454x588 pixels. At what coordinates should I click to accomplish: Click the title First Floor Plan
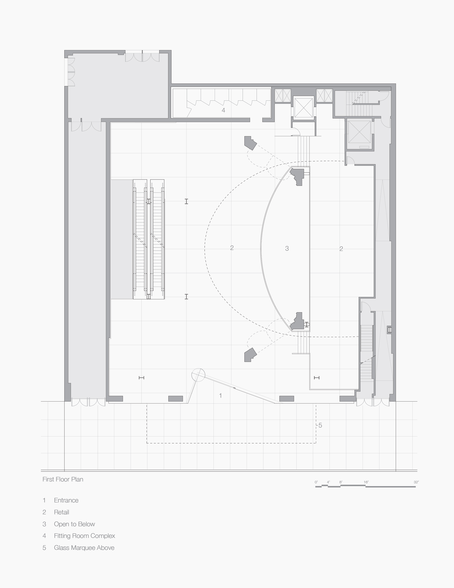[63, 479]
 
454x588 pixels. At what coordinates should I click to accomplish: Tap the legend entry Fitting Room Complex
[84, 536]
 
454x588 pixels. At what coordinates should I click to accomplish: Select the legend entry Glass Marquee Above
[84, 548]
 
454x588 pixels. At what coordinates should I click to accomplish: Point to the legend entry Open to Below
[74, 524]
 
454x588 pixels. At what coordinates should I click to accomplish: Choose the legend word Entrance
[66, 500]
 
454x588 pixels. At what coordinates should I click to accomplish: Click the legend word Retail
[61, 512]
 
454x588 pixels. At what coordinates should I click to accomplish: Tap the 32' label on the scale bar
[416, 482]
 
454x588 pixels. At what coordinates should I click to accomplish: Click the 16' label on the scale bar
[366, 482]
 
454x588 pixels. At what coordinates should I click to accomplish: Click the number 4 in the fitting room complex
[223, 110]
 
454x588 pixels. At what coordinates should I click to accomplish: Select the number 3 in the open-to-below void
[287, 248]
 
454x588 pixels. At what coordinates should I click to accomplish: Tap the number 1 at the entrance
[221, 395]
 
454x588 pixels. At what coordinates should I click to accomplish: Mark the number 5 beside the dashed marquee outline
[320, 425]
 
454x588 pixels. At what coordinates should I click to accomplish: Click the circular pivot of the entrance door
[198, 375]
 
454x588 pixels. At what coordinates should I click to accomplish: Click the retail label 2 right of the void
[341, 249]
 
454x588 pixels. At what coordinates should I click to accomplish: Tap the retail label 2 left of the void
[232, 248]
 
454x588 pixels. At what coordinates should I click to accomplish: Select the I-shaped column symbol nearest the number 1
[141, 378]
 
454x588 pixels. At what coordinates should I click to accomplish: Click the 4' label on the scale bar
[328, 482]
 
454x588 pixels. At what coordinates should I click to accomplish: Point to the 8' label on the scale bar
[341, 482]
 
